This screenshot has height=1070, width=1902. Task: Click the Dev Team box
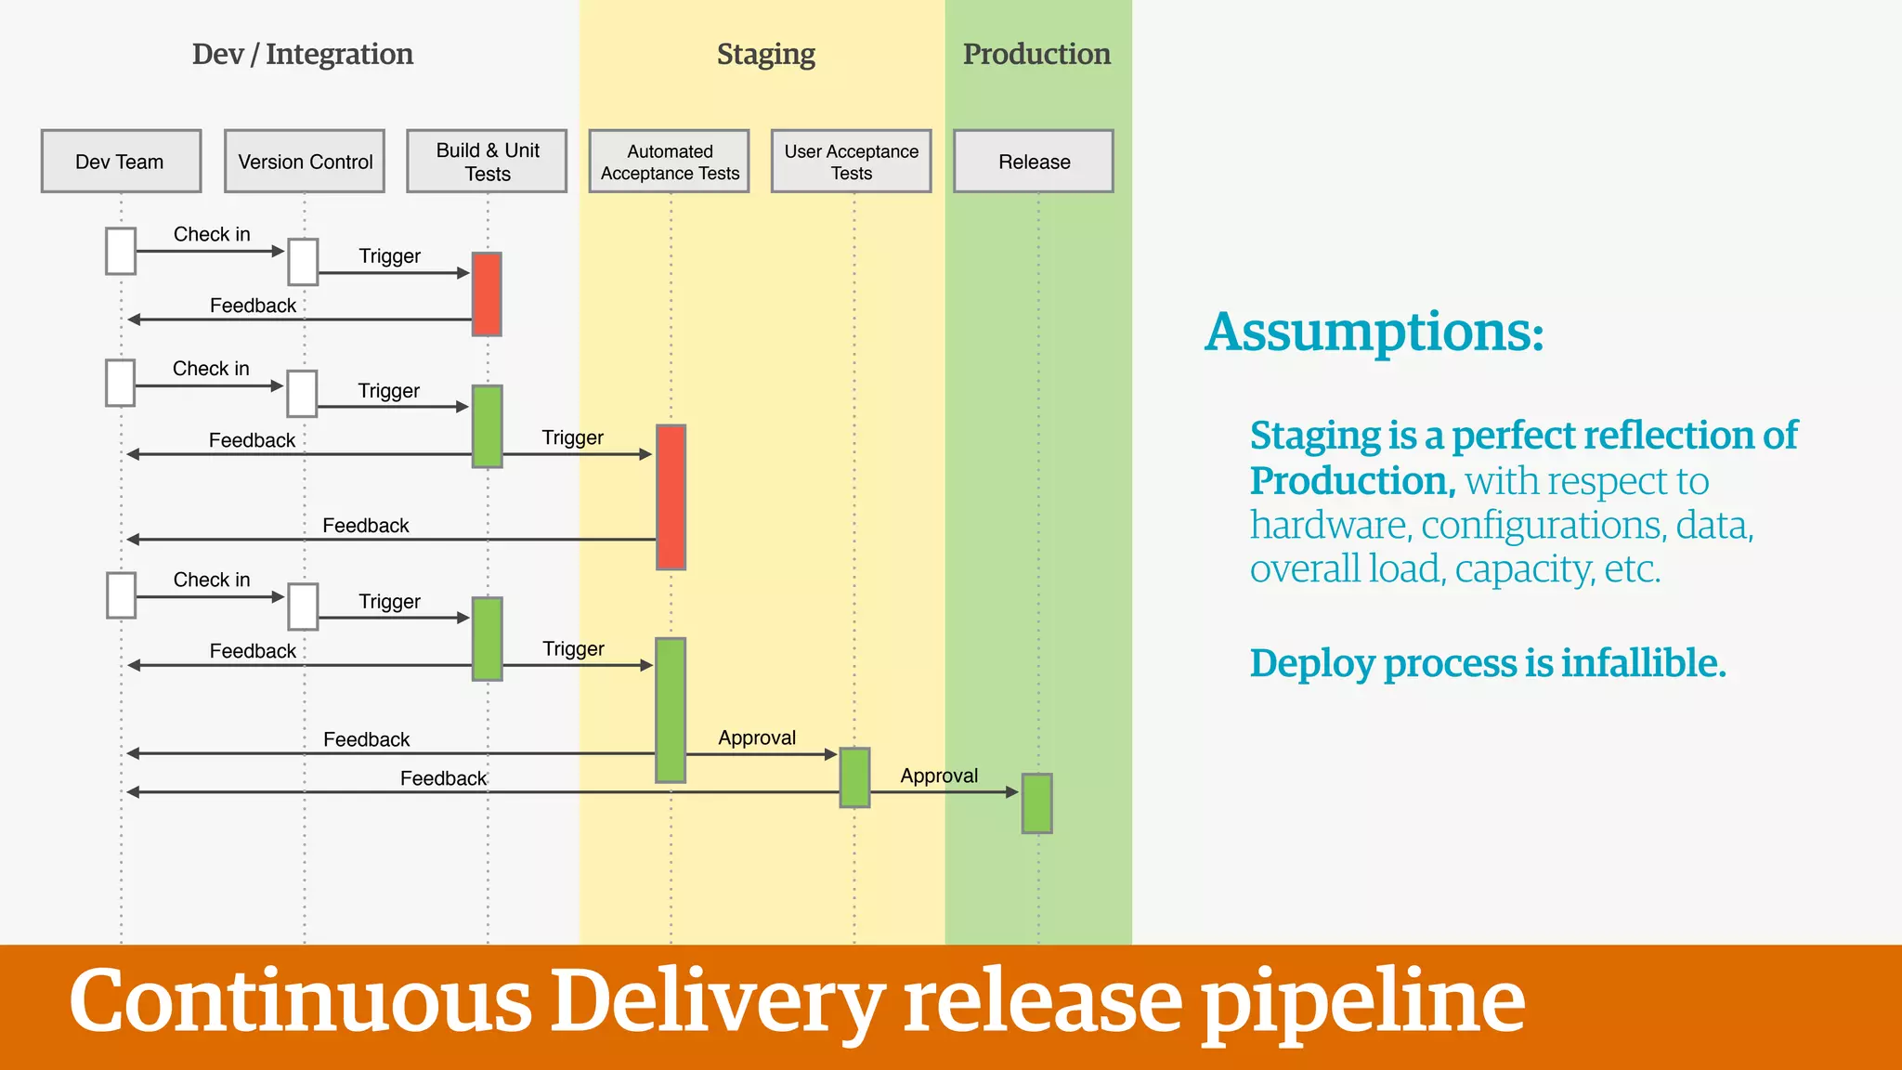pyautogui.click(x=121, y=162)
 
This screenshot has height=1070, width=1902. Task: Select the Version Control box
pyautogui.click(x=305, y=162)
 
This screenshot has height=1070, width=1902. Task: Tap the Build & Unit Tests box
pyautogui.click(x=487, y=162)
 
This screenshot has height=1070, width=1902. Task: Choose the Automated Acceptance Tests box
pyautogui.click(x=669, y=162)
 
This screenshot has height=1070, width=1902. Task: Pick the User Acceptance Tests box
pyautogui.click(x=851, y=162)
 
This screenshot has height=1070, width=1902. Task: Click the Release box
pyautogui.click(x=1034, y=162)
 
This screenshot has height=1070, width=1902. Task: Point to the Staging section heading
pyautogui.click(x=765, y=55)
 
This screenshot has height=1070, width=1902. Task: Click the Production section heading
pyautogui.click(x=1036, y=54)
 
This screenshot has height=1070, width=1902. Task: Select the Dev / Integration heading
pyautogui.click(x=303, y=55)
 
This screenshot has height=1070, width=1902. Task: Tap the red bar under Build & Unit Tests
pyautogui.click(x=487, y=294)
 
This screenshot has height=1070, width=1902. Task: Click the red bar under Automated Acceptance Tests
pyautogui.click(x=671, y=497)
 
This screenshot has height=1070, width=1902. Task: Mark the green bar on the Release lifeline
pyautogui.click(x=1036, y=803)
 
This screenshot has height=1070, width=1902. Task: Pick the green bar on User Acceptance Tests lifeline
pyautogui.click(x=854, y=777)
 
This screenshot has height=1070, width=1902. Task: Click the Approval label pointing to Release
pyautogui.click(x=939, y=776)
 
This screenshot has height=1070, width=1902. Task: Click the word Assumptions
pyautogui.click(x=1374, y=333)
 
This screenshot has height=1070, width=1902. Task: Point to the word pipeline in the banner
pyautogui.click(x=1362, y=1003)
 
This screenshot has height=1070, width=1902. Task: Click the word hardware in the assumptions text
pyautogui.click(x=1329, y=526)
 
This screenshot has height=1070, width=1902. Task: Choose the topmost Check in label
pyautogui.click(x=212, y=234)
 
